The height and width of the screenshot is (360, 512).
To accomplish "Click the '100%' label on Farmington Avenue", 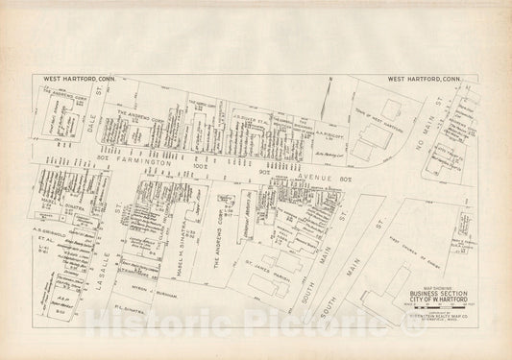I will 201,169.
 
